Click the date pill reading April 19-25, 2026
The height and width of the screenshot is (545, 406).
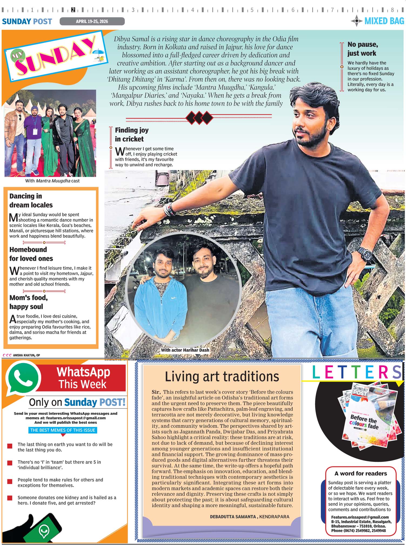point(92,21)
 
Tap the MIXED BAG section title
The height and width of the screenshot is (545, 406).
point(384,21)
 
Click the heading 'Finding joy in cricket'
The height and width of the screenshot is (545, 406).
point(132,134)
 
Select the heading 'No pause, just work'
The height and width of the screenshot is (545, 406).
point(362,49)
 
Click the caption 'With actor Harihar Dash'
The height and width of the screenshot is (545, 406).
point(185,350)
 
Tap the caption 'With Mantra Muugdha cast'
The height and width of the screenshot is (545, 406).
point(52,181)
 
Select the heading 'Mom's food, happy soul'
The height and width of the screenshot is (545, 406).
point(28,302)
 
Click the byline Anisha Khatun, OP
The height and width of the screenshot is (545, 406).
point(26,355)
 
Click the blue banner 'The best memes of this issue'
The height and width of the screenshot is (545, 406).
point(63,430)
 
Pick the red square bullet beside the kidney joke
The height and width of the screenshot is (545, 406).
point(10,498)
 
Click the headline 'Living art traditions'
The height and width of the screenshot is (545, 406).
point(222,376)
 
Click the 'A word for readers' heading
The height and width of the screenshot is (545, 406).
point(361,473)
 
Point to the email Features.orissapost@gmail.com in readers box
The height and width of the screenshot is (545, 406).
point(360,517)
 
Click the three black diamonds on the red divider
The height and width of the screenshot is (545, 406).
point(199,117)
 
